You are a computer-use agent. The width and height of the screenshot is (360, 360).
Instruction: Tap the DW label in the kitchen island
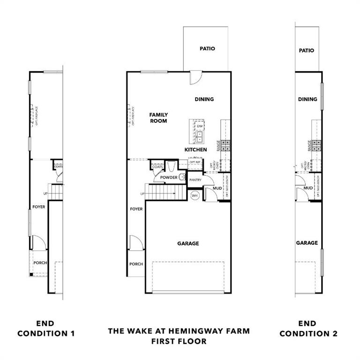click(200, 126)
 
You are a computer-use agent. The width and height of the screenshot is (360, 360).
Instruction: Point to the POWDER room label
click(168, 178)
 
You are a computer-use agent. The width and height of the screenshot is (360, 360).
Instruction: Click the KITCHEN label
click(195, 150)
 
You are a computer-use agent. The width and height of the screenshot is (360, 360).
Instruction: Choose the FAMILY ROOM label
click(158, 118)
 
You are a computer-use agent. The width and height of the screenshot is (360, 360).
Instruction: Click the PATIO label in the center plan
click(207, 48)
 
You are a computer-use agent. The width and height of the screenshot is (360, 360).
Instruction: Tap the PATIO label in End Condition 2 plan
click(307, 51)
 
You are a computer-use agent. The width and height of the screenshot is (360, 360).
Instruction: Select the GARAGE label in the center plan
click(188, 243)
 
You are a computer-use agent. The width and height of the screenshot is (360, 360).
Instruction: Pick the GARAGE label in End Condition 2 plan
click(307, 243)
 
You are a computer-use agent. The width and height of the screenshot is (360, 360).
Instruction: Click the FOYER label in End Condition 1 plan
click(39, 207)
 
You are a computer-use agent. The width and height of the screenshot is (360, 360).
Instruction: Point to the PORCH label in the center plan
click(136, 264)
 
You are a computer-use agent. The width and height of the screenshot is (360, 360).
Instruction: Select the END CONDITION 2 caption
click(307, 329)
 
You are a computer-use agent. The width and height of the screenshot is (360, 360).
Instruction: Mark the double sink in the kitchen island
click(200, 136)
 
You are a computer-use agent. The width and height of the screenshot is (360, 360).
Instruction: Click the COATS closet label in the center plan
click(157, 166)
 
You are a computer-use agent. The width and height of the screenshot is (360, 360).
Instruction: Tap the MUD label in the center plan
click(217, 188)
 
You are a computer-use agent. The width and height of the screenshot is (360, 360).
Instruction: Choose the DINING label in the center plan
click(204, 99)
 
